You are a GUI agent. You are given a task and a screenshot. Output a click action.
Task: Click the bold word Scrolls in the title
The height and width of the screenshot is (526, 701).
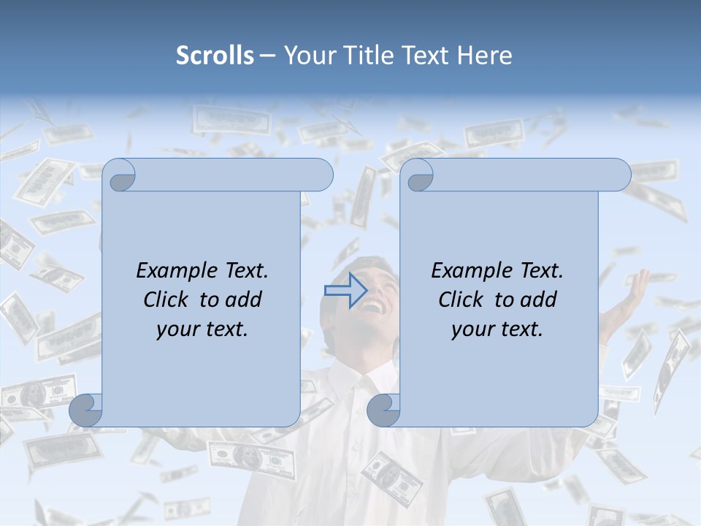tap(215, 56)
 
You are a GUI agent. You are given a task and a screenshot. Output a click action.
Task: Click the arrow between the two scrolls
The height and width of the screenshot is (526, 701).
tap(345, 291)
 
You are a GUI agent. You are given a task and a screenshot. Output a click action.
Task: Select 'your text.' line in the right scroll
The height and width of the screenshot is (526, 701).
tap(497, 329)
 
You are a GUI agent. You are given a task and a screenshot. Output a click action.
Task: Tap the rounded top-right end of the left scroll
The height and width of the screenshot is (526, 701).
tap(321, 175)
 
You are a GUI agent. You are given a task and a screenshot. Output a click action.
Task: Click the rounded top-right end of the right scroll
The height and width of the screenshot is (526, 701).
tap(619, 175)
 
